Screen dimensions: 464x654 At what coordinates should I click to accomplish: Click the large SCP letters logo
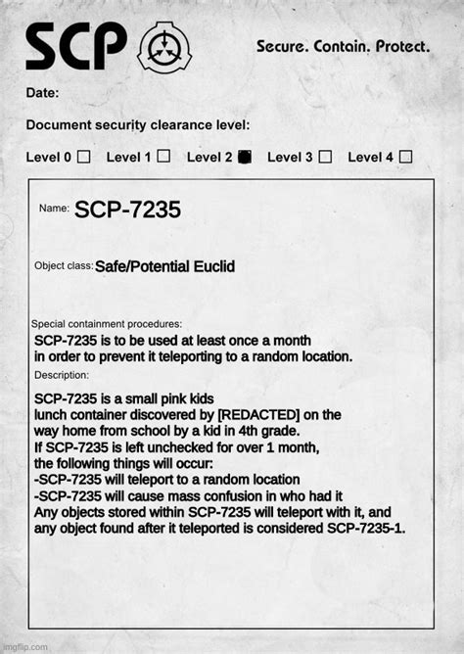tap(76, 45)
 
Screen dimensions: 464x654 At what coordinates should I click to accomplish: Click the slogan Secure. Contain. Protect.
tap(342, 46)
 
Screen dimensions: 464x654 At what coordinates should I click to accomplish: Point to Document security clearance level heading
tap(138, 124)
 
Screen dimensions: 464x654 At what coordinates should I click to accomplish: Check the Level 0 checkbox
tap(84, 156)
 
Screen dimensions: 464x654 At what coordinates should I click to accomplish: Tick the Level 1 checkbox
tap(163, 156)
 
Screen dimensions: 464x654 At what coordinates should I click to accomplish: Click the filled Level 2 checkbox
tap(245, 156)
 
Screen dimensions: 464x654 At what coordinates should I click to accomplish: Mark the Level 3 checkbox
tap(325, 156)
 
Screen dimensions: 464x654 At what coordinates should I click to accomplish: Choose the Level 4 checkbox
tap(405, 156)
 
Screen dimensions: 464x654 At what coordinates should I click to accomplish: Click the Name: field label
tap(53, 209)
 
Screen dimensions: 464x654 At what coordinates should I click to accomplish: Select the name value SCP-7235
tap(127, 210)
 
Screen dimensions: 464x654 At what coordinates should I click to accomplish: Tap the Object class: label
tap(64, 266)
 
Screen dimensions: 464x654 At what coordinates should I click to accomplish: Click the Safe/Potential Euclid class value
tap(164, 267)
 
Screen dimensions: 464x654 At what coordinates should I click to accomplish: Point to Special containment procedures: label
tap(107, 324)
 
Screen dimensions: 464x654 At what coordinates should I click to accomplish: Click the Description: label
tap(62, 375)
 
